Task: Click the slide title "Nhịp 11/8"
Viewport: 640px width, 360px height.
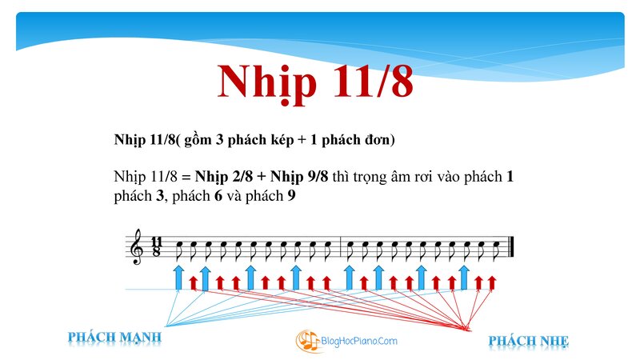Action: click(315, 83)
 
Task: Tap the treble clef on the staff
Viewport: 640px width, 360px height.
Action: click(136, 246)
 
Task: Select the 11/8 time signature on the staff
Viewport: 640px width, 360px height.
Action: click(156, 246)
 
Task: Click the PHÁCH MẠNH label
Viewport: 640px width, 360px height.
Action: click(114, 338)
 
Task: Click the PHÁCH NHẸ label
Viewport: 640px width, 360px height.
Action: click(528, 341)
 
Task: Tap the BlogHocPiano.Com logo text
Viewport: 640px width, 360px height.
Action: click(359, 341)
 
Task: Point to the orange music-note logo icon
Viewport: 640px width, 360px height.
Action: click(308, 341)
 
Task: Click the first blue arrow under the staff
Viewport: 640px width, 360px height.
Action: click(178, 278)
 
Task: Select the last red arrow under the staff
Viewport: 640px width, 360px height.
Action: click(492, 283)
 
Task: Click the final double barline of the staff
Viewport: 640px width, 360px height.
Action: click(510, 246)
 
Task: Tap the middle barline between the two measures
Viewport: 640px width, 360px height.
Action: click(341, 246)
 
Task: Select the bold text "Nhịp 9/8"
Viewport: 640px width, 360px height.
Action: click(299, 177)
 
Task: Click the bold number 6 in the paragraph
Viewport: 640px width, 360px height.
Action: click(218, 196)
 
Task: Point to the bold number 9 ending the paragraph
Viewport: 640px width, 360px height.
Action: click(291, 196)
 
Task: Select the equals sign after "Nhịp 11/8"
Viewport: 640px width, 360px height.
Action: click(186, 178)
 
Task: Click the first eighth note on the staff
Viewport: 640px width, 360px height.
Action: click(178, 250)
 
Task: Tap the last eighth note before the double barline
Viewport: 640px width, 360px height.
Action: click(496, 250)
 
